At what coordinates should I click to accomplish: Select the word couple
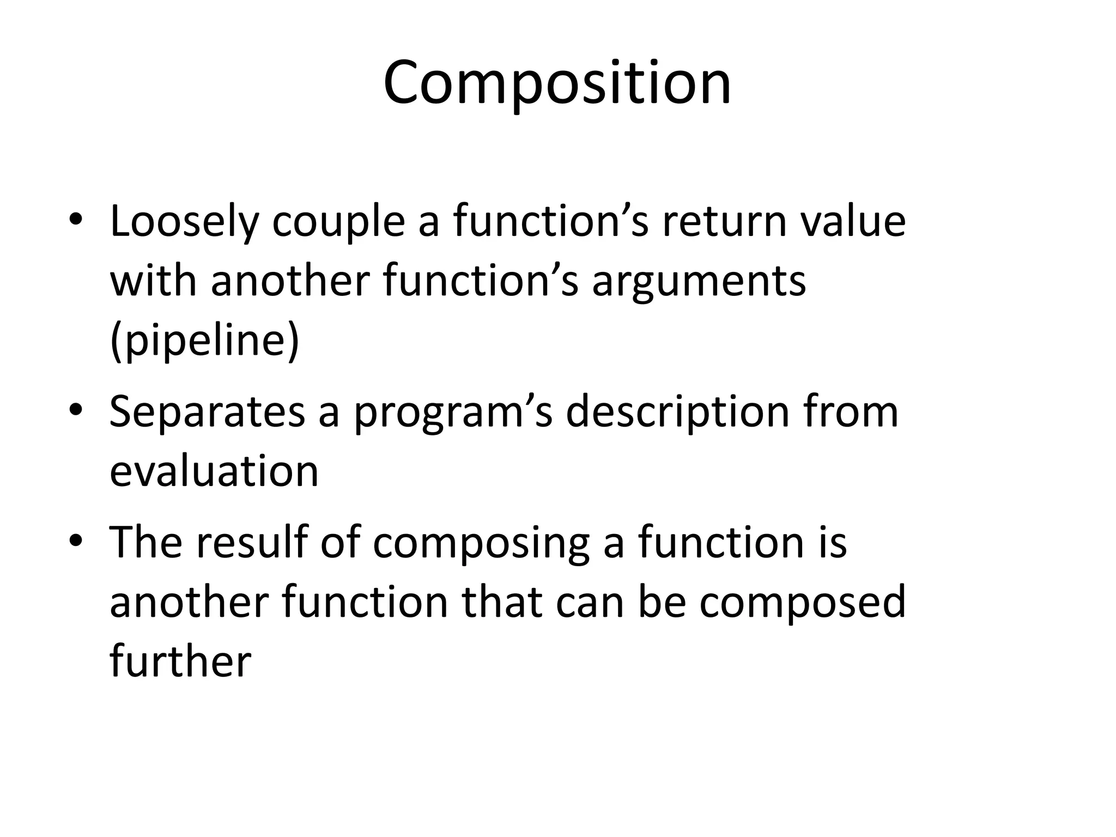(338, 222)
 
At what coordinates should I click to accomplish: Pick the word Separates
(207, 413)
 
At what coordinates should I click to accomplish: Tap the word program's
(453, 413)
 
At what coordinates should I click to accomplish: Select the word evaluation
(214, 471)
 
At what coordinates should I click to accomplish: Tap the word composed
(802, 603)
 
